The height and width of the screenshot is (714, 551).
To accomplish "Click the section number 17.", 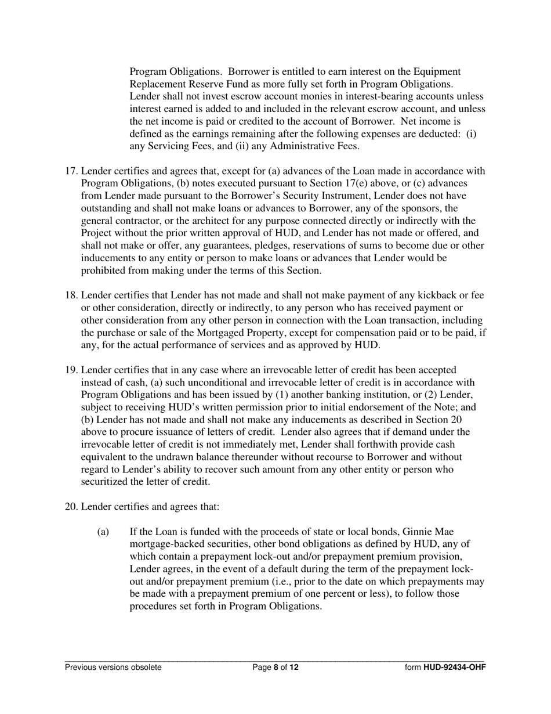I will [70, 171].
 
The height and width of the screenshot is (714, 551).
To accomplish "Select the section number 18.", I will [70, 295].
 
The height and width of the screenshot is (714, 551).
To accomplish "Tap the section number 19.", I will [70, 370].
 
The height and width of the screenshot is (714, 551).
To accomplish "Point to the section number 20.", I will [70, 507].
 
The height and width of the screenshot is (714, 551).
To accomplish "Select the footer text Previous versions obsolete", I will [113, 668].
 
